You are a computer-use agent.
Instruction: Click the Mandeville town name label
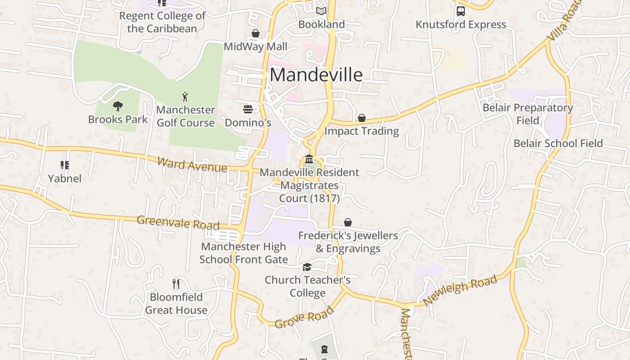[316, 75]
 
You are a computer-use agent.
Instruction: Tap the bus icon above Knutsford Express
[461, 11]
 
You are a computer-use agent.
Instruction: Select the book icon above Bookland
[321, 11]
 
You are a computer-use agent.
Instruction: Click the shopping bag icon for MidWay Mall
[256, 33]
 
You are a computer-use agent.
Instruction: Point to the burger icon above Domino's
[248, 109]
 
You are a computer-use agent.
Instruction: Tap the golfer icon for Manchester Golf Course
[185, 96]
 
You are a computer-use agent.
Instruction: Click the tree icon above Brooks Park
[118, 106]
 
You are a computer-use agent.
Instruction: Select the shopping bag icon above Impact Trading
[362, 118]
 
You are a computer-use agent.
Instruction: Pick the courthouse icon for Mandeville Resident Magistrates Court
[309, 159]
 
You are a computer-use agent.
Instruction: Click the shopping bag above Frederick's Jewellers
[348, 222]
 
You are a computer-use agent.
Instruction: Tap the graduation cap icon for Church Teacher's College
[307, 267]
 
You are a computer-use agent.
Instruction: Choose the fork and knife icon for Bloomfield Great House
[176, 284]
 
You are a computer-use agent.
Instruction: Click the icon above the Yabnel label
[65, 166]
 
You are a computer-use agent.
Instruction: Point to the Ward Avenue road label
[192, 164]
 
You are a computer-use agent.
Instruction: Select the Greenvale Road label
[178, 222]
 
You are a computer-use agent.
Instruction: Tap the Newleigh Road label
[460, 290]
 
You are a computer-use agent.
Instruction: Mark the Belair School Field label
[558, 144]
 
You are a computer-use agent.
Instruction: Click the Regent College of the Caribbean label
[162, 22]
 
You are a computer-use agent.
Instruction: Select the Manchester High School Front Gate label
[243, 253]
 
